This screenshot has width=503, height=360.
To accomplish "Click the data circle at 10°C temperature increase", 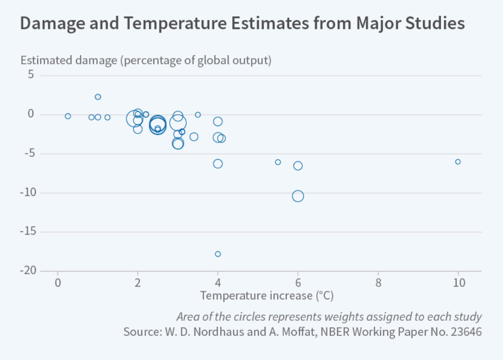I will pyautogui.click(x=458, y=162).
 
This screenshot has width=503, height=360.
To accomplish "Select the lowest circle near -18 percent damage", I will pyautogui.click(x=218, y=254).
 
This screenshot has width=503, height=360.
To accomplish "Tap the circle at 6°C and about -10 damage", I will pyautogui.click(x=298, y=196).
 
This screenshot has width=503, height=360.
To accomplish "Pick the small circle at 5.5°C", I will pyautogui.click(x=278, y=162).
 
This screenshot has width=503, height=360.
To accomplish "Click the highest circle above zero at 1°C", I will pyautogui.click(x=98, y=97).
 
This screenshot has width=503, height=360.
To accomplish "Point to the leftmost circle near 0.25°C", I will pyautogui.click(x=68, y=116).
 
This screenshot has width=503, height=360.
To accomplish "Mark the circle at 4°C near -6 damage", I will pyautogui.click(x=218, y=164).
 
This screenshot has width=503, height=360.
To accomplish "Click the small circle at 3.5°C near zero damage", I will pyautogui.click(x=198, y=115).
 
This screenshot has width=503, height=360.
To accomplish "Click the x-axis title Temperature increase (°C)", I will pyautogui.click(x=267, y=295).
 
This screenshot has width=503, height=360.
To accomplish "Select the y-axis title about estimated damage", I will pyautogui.click(x=146, y=60).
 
